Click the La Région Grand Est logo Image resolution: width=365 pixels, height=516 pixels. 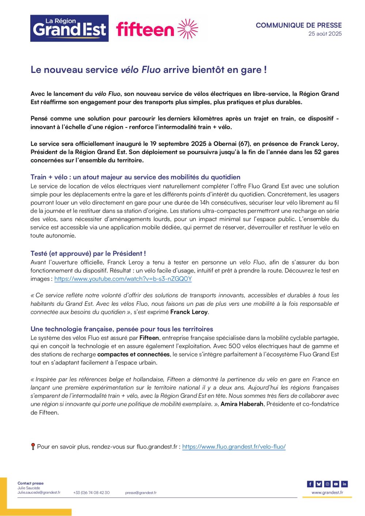tap(69, 28)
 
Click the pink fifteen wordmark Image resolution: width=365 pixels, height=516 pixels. tap(145, 29)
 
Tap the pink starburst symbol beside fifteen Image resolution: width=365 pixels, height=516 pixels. tap(188, 29)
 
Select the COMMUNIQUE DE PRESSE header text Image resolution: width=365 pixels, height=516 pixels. tap(299, 25)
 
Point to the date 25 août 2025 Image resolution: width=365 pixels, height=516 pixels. tap(325, 34)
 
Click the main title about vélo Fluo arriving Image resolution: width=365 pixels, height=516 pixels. tap(149, 70)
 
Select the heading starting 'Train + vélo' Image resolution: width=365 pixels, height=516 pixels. tap(135, 177)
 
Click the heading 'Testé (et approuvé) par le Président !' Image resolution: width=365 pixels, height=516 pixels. tap(88, 253)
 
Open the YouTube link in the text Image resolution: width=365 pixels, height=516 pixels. tap(123, 279)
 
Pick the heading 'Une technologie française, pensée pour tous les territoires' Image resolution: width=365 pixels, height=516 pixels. tap(122, 329)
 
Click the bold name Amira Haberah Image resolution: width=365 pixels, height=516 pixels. tap(242, 404)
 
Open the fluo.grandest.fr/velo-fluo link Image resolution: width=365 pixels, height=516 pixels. tap(234, 447)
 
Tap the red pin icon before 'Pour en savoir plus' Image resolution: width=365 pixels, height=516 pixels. tap(33, 446)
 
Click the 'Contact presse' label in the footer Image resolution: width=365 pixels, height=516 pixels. tap(30, 483)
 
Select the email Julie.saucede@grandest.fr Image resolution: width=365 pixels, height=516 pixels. tap(39, 492)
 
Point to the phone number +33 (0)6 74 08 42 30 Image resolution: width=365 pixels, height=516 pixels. tap(91, 493)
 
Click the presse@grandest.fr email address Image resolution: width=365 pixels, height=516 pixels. tap(141, 493)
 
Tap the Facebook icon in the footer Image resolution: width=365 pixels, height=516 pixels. tap(310, 484)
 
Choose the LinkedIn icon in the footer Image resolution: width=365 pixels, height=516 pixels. tap(344, 484)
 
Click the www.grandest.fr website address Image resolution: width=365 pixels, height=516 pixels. tap(327, 493)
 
